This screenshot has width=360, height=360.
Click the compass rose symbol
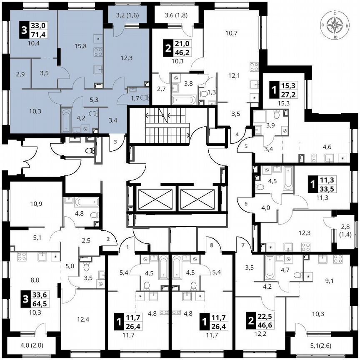335,26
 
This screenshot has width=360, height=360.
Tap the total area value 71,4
42,34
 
